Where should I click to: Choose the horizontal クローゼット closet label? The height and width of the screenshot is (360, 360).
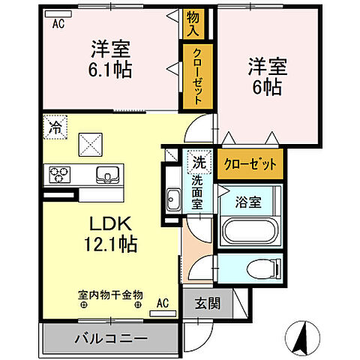[x=250, y=163]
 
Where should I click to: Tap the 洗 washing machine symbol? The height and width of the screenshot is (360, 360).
[x=199, y=160]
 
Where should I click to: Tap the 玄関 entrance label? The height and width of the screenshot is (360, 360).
[x=208, y=304]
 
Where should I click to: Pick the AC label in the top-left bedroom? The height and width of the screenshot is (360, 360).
[x=58, y=22]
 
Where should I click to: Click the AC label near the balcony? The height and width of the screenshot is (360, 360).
[x=163, y=304]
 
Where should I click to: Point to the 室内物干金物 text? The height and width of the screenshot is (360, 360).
[x=110, y=295]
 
